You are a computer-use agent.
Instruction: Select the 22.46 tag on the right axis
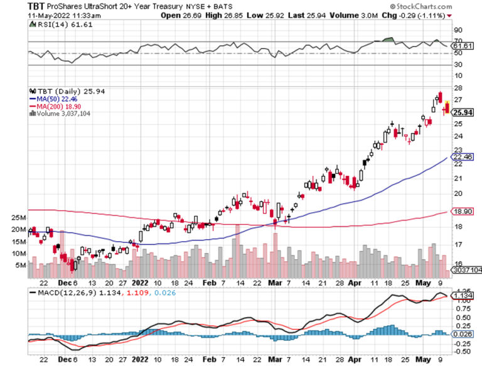(x=463, y=156)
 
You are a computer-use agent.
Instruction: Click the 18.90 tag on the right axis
(x=463, y=213)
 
